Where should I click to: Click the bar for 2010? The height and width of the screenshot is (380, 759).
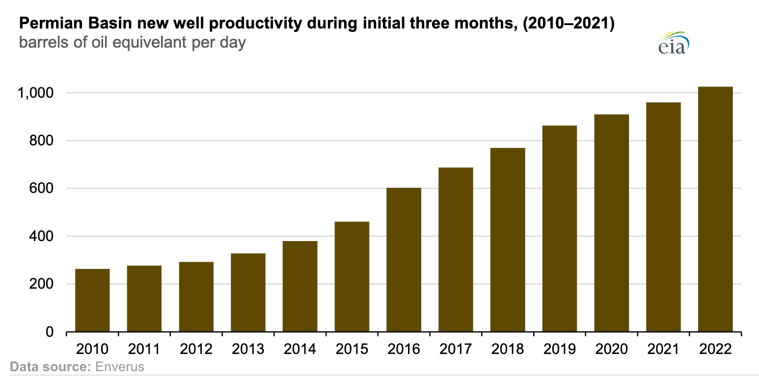pyautogui.click(x=92, y=300)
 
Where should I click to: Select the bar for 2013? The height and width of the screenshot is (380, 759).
pyautogui.click(x=248, y=293)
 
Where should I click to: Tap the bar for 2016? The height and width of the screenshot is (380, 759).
pyautogui.click(x=404, y=260)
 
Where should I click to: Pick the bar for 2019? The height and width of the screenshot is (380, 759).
pyautogui.click(x=559, y=228)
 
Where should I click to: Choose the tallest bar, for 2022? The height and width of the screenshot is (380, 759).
pyautogui.click(x=715, y=209)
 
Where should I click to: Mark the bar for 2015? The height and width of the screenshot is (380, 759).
pyautogui.click(x=352, y=276)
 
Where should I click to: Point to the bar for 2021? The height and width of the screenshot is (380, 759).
pyautogui.click(x=663, y=217)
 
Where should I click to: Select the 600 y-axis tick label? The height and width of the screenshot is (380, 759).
pyautogui.click(x=43, y=189)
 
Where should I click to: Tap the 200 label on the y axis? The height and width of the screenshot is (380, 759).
pyautogui.click(x=43, y=284)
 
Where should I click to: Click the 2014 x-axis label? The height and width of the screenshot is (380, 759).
pyautogui.click(x=300, y=349)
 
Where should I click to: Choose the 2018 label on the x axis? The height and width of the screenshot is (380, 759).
pyautogui.click(x=508, y=349)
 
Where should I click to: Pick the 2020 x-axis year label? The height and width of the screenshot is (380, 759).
pyautogui.click(x=611, y=349)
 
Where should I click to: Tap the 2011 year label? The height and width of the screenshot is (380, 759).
pyautogui.click(x=144, y=349)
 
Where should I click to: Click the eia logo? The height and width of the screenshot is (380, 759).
pyautogui.click(x=674, y=44)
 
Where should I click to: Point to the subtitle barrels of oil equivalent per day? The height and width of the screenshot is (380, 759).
pyautogui.click(x=132, y=43)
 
